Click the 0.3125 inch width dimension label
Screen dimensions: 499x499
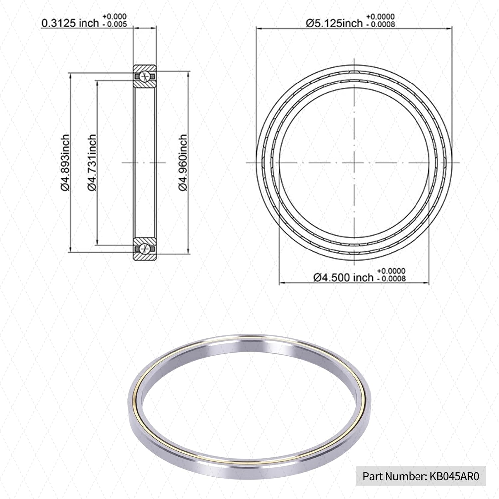click(x=70, y=23)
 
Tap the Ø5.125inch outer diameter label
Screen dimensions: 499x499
click(x=334, y=23)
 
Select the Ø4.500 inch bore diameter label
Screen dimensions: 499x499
click(x=343, y=277)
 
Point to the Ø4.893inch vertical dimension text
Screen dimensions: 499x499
click(x=65, y=162)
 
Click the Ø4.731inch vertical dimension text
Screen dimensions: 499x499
click(x=92, y=162)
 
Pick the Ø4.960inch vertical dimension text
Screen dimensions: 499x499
click(x=183, y=162)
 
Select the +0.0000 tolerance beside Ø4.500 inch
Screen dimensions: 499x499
click(x=391, y=271)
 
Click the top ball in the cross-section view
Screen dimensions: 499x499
click(x=145, y=77)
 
